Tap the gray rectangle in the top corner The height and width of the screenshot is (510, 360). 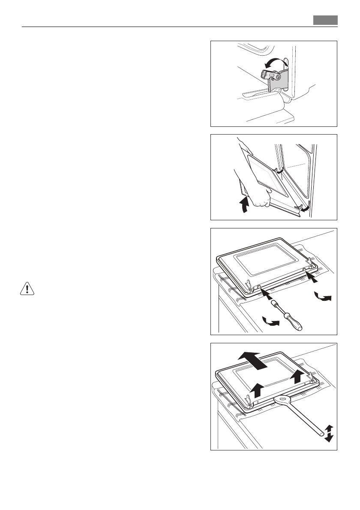pos(325,20)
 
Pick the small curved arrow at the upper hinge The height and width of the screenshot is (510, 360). pos(279,171)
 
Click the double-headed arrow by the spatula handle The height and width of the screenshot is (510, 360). pos(329,433)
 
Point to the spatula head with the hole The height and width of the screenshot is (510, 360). pos(281,399)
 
